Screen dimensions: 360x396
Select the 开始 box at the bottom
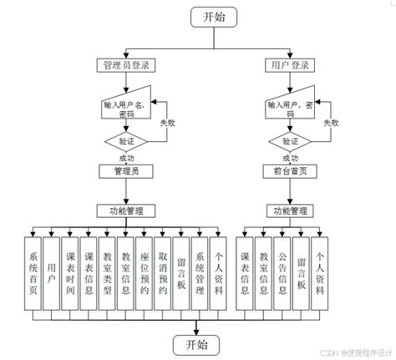click(x=198, y=343)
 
